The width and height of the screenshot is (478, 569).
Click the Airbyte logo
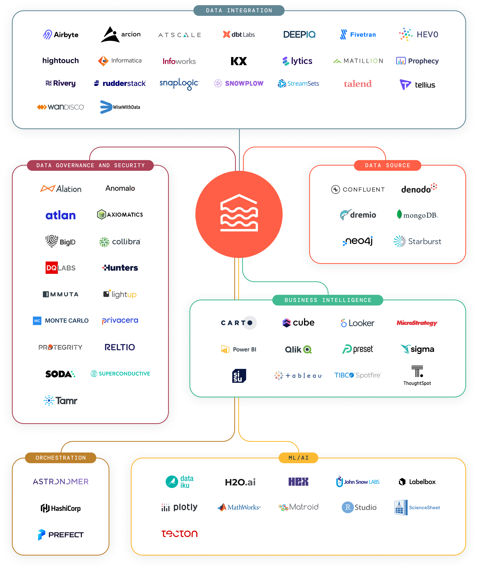(x=61, y=35)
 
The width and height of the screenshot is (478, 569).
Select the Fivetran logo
(x=358, y=35)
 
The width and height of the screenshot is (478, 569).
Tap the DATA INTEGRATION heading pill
(x=239, y=10)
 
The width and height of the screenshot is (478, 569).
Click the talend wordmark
(x=358, y=84)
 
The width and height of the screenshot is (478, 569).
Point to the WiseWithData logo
(x=120, y=107)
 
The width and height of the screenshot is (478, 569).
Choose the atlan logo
(x=60, y=215)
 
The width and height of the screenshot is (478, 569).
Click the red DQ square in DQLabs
(x=52, y=268)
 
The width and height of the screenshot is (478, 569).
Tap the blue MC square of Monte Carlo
(x=37, y=321)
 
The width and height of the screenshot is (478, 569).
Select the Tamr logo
(x=60, y=400)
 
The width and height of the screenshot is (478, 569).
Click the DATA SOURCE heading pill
(x=387, y=165)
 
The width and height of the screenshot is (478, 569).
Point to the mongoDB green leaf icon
(x=399, y=215)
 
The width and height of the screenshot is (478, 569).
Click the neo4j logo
(x=358, y=241)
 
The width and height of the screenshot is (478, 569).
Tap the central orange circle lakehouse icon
(x=239, y=214)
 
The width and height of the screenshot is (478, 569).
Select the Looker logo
(x=358, y=323)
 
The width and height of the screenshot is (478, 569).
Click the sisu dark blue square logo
(x=239, y=376)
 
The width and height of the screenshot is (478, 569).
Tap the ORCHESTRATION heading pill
(x=61, y=458)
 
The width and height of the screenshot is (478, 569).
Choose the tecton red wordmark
(x=179, y=534)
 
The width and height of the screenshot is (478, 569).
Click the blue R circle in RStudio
(x=348, y=507)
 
